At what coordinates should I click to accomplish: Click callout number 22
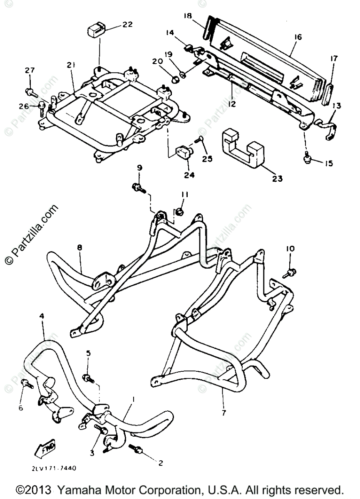pos(127,24)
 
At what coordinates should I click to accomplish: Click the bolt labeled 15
pos(307,158)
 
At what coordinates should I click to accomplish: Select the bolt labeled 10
pos(288,273)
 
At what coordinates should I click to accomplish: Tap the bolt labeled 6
pos(27,383)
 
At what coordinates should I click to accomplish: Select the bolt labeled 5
pos(89,379)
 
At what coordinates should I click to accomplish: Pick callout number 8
pos(79,247)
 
